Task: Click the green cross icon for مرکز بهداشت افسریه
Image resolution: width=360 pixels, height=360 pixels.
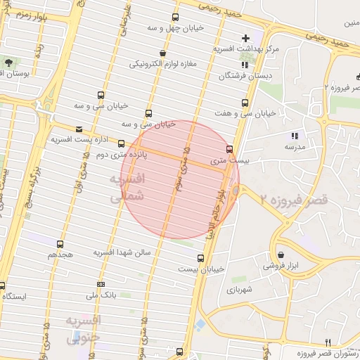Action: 245,37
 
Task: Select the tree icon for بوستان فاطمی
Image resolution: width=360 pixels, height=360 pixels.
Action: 8,63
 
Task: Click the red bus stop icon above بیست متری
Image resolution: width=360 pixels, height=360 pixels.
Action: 230,148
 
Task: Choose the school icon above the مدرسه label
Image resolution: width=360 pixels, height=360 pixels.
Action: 294,136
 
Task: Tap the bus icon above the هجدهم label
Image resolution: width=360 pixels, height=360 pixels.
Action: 59,244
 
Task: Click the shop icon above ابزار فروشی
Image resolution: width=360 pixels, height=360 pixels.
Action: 281,255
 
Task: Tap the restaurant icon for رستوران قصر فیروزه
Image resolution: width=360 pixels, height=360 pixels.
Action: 327,342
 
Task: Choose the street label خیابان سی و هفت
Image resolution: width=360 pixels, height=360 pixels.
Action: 239,112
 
